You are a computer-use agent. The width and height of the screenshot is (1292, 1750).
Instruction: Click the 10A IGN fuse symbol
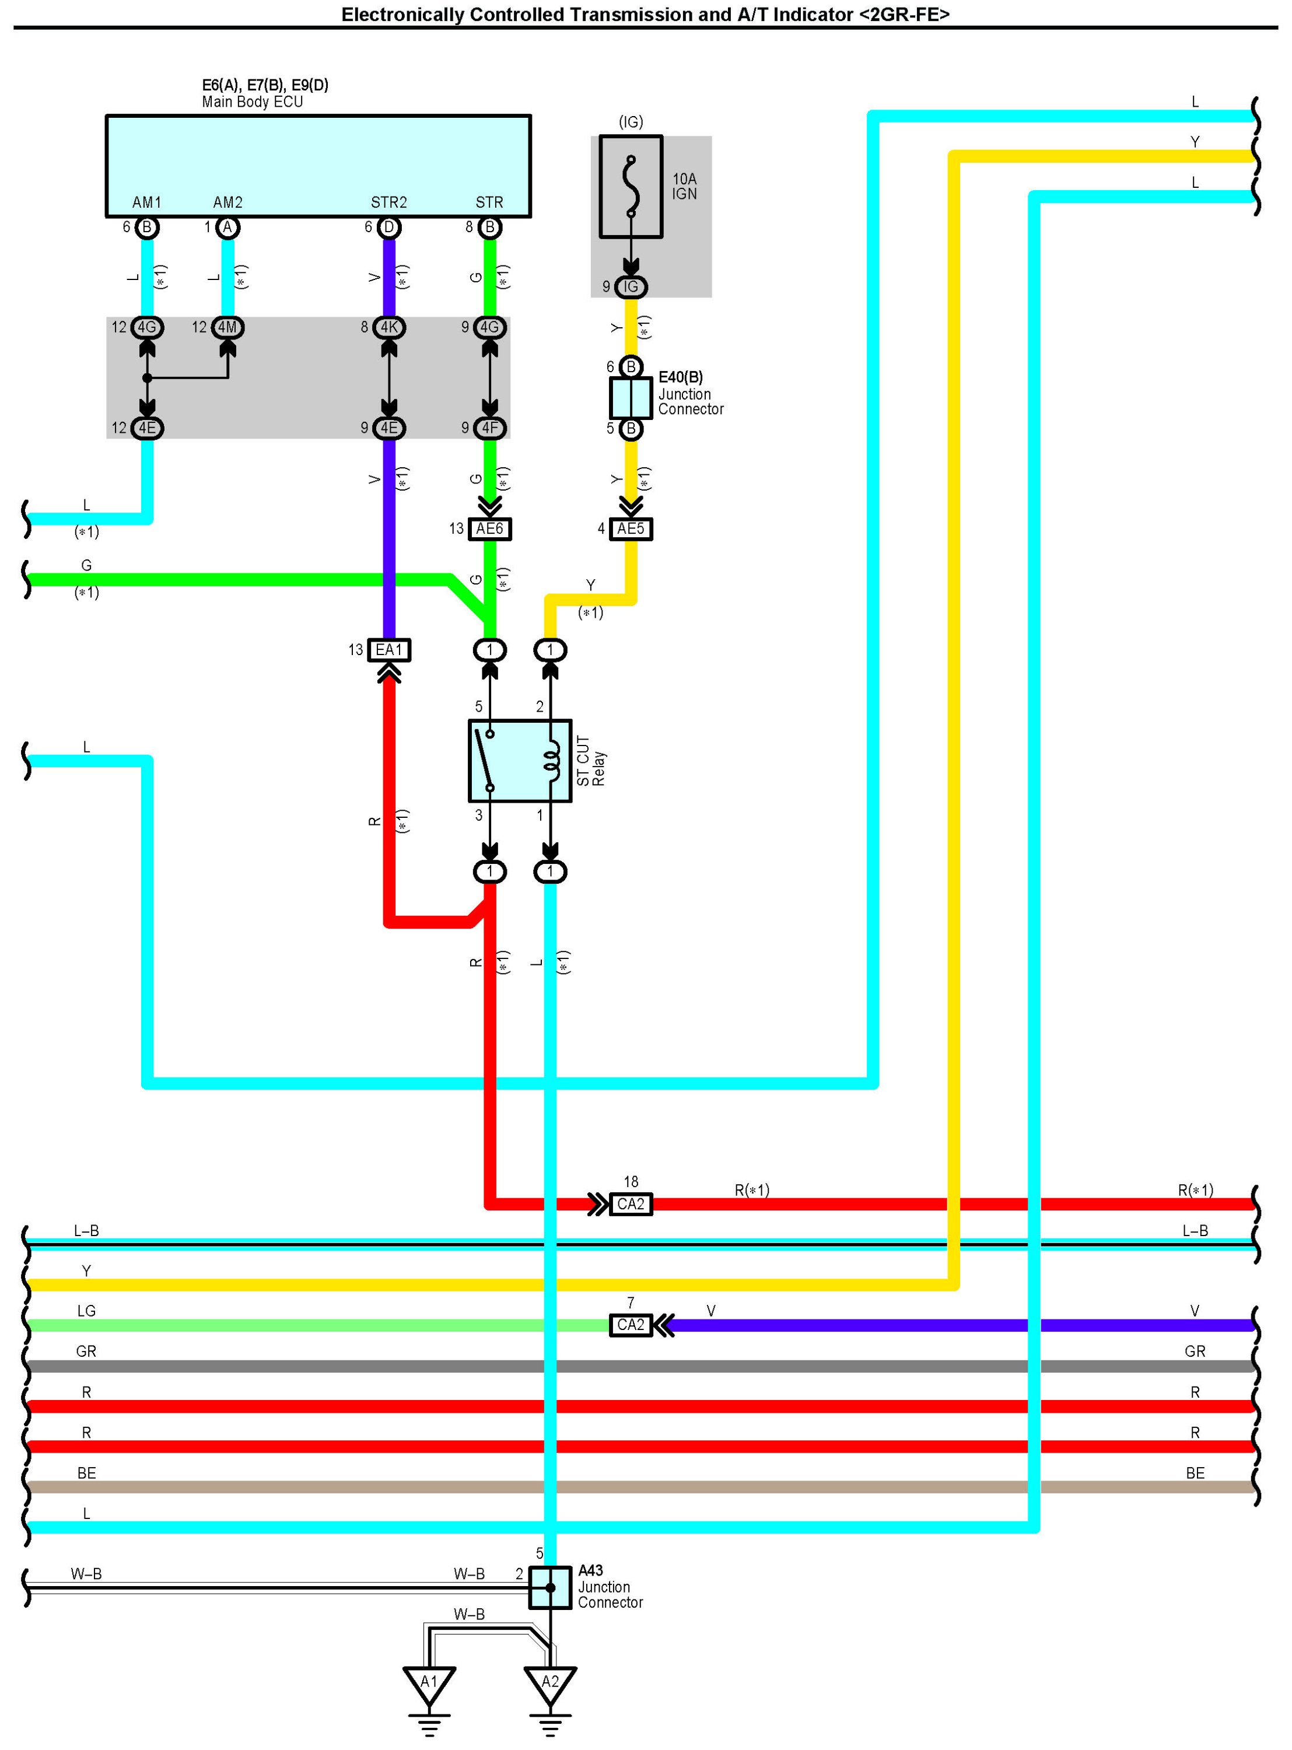[x=631, y=187]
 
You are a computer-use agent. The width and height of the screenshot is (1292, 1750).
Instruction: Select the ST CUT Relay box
[x=519, y=760]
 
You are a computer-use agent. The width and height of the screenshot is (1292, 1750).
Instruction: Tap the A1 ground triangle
[x=429, y=1683]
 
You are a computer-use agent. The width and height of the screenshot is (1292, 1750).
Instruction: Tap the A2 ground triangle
[x=550, y=1683]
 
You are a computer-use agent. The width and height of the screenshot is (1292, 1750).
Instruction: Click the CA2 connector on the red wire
[x=631, y=1204]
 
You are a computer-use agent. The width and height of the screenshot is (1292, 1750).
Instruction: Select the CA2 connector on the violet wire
[x=631, y=1325]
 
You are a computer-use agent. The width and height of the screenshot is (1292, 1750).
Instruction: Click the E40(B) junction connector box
[x=631, y=398]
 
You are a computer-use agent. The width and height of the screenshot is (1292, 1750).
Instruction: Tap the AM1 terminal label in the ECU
[x=147, y=202]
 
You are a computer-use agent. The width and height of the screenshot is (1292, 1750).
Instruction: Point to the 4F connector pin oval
[x=489, y=428]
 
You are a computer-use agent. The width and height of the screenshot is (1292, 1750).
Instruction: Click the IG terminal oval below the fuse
[x=631, y=287]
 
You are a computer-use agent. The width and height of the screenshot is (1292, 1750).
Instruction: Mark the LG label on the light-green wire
[x=86, y=1311]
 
